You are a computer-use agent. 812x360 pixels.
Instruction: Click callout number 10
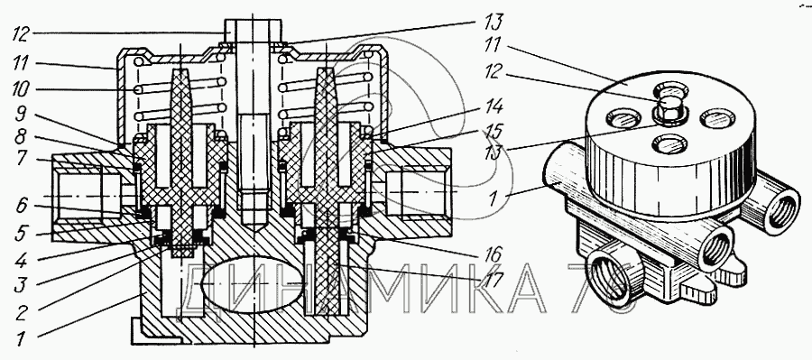22,90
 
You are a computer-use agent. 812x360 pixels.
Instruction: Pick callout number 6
21,207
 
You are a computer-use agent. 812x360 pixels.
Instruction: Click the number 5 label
21,234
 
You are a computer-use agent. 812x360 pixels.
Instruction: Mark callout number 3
20,284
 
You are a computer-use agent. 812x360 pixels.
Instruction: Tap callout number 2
20,312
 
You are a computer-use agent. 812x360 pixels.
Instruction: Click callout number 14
493,107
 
